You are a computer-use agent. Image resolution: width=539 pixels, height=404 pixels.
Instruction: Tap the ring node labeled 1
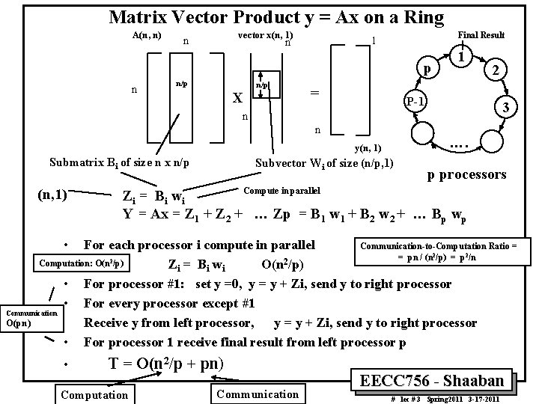[x=463, y=57]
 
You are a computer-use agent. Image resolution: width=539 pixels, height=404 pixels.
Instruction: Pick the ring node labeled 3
[x=507, y=108]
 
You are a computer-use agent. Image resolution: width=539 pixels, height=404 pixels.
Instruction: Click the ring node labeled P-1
[x=416, y=100]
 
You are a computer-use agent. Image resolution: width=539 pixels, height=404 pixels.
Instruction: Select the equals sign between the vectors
[x=315, y=92]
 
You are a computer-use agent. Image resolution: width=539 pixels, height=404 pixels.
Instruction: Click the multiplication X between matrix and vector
[x=237, y=98]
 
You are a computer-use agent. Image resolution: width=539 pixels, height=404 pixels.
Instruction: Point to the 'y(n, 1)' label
[x=368, y=148]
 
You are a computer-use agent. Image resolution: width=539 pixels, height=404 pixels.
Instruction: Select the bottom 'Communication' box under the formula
[x=257, y=394]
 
